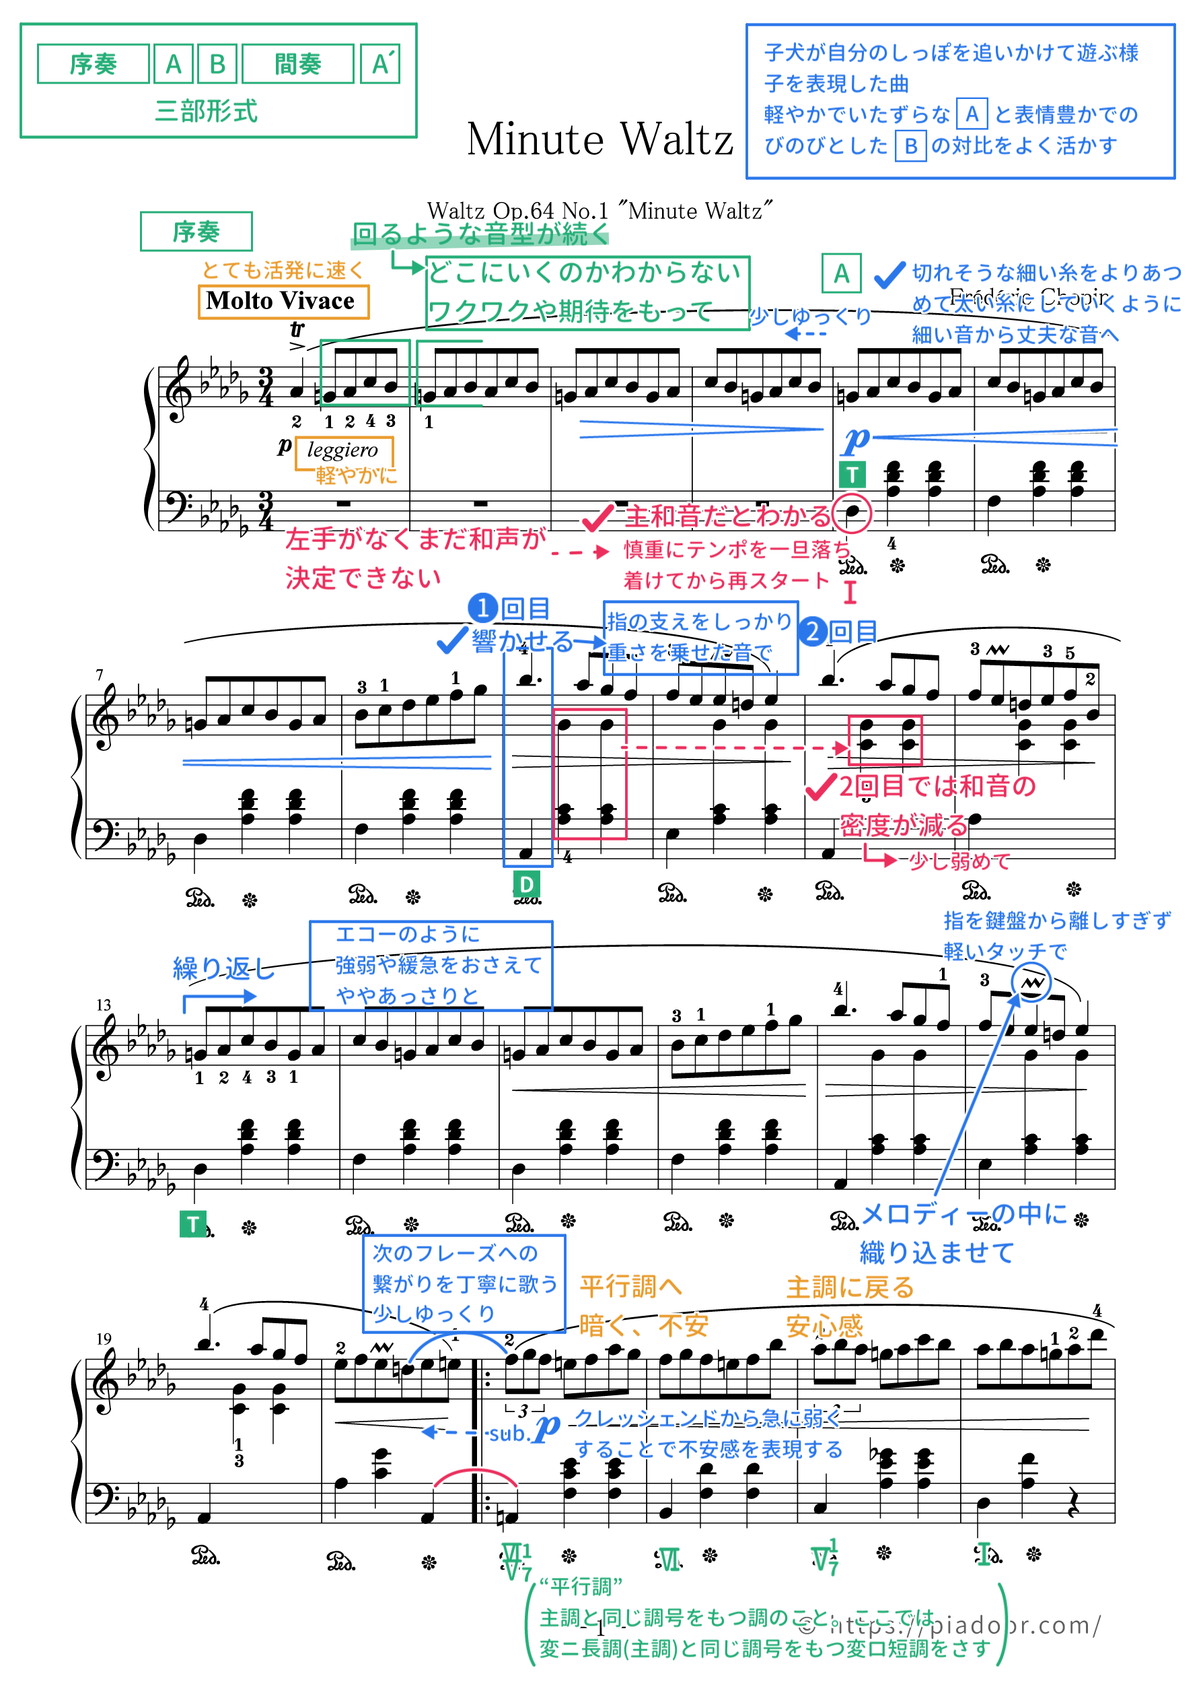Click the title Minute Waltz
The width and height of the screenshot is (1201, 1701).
(599, 139)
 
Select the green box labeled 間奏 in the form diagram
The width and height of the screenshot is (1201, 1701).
(297, 65)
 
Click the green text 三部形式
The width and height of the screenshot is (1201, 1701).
(207, 111)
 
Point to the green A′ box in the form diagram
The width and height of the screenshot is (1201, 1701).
(381, 65)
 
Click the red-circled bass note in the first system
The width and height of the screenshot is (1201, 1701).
(852, 512)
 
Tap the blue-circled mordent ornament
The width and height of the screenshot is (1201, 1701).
(1031, 983)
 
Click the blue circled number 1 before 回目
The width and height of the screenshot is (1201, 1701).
(483, 608)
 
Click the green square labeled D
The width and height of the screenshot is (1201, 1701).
(525, 884)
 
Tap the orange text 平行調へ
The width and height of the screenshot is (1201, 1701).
(630, 1287)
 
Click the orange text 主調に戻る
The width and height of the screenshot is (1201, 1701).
(850, 1288)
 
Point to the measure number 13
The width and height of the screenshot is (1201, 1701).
(103, 1005)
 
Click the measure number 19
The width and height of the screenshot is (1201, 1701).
(103, 1339)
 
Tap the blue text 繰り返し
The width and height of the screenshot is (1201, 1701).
(222, 968)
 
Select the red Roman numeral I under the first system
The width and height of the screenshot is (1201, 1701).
(850, 592)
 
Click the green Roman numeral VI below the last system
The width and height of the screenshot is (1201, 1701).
(668, 1561)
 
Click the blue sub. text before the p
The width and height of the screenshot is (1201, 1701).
(507, 1434)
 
